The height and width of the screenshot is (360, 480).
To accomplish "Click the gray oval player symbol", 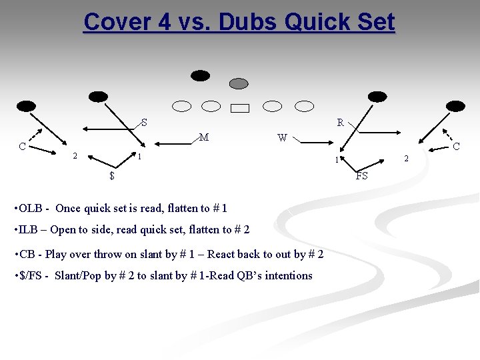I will coord(239,83).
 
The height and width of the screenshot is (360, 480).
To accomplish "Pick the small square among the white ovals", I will coord(240,108).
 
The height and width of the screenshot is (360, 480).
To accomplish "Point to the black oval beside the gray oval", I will coord(200,75).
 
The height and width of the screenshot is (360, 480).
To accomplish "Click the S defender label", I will coord(144,123).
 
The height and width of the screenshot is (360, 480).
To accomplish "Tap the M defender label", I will coord(204,138).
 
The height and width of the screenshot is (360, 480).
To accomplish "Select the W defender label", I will coord(282,139).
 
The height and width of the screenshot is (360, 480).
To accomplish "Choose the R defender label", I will coord(340,123).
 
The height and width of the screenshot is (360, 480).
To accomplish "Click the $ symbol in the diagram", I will coord(112,176).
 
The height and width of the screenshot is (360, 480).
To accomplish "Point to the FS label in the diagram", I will coord(362,176).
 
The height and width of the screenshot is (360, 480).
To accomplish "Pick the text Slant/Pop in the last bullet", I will coord(78,275).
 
